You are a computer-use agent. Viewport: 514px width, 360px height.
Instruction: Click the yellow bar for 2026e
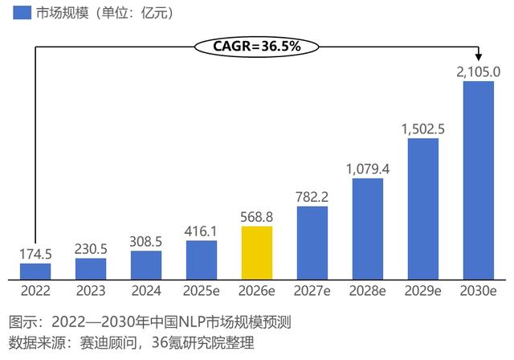pos(257,252)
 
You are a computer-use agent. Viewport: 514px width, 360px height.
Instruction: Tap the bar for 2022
pos(35,271)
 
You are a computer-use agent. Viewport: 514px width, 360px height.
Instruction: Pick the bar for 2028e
pos(368,228)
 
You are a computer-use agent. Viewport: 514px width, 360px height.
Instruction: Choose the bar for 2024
pos(146,264)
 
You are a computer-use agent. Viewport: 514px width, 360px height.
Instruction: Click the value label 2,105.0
pos(479,72)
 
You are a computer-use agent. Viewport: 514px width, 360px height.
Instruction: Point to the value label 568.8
pos(257,217)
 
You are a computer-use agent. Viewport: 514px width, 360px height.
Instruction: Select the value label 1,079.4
pos(368,169)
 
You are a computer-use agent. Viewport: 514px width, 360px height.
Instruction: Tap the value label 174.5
pos(35,254)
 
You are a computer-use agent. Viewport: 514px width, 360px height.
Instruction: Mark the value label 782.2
pos(312,197)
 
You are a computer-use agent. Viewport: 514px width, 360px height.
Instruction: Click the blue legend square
pos(21,13)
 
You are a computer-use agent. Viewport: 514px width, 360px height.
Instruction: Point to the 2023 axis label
pos(91,290)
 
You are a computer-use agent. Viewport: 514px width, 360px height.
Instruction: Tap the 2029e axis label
pos(423,290)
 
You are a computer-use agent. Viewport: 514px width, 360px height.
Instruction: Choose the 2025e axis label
pos(202,290)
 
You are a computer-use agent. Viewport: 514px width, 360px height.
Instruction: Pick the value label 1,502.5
pos(423,129)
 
